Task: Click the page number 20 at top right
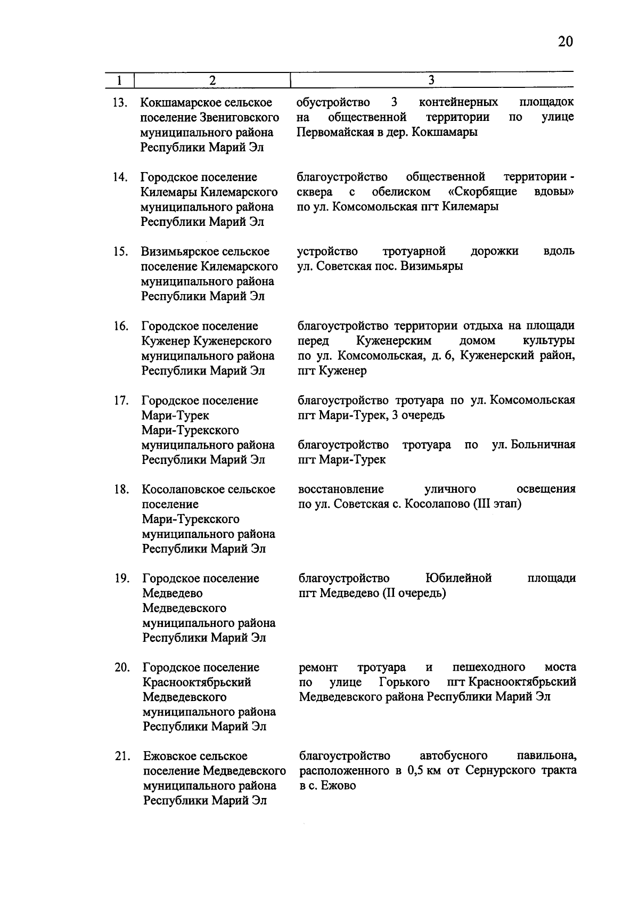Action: (x=565, y=42)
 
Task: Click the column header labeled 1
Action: (x=119, y=80)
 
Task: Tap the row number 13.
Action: (x=120, y=103)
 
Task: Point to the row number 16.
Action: (x=121, y=326)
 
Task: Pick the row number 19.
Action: (x=122, y=579)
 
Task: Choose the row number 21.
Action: (x=122, y=756)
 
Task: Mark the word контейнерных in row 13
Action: (x=458, y=102)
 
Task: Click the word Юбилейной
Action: (x=458, y=579)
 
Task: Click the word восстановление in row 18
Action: (x=341, y=490)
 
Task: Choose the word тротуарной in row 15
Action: (x=414, y=251)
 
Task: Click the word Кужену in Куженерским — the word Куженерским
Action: (x=394, y=341)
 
